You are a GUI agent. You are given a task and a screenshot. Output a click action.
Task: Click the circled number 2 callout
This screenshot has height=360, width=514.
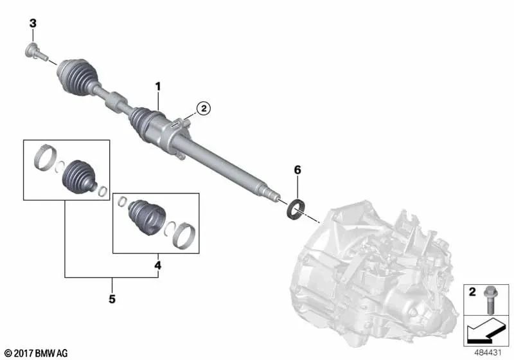tap(203, 109)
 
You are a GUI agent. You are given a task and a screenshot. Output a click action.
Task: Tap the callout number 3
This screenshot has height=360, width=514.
tap(33, 24)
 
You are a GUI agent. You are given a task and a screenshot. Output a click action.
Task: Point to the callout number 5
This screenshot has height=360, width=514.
tap(112, 299)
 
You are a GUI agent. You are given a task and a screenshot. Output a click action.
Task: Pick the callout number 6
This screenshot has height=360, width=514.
tap(297, 170)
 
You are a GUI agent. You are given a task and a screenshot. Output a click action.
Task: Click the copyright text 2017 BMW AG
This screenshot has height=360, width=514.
tap(35, 353)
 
